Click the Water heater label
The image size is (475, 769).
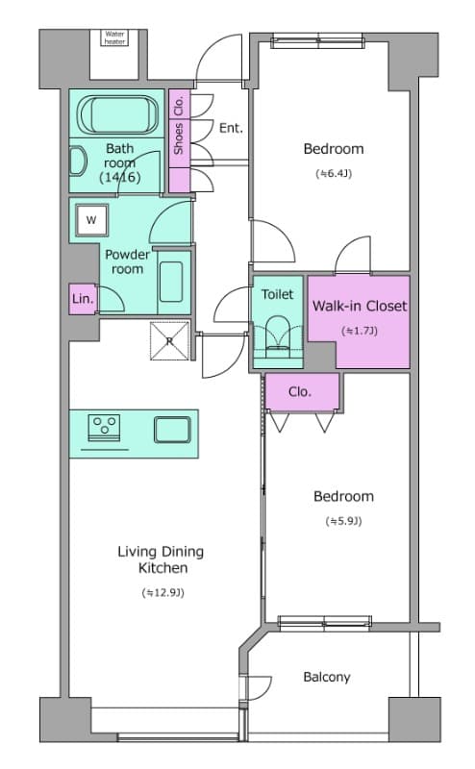point(114,37)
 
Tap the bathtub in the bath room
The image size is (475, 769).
point(118,114)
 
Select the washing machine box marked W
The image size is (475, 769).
point(91,220)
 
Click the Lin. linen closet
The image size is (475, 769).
point(83,298)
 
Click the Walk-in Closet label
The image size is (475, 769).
point(360,306)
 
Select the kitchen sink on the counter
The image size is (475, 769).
point(172,430)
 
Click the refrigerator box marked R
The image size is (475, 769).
point(169,341)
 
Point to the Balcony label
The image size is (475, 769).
point(327,677)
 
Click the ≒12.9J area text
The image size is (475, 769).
point(162,592)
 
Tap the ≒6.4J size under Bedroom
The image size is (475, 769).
point(334,173)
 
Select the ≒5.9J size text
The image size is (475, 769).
point(343,521)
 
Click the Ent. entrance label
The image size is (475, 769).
point(231,128)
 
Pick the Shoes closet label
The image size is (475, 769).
point(179,138)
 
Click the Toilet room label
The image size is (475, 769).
point(277,294)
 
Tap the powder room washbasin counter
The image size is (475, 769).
point(174,283)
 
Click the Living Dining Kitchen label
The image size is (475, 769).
point(161,559)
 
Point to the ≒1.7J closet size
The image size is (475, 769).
point(360,331)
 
